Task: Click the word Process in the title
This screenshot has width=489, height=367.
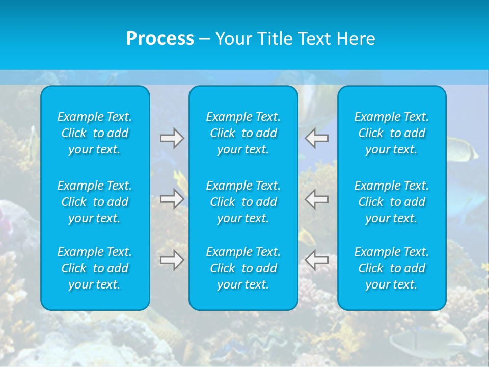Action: pos(160,39)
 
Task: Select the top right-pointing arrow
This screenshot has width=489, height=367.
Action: pos(172,138)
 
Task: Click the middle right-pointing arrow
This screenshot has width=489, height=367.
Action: pos(172,199)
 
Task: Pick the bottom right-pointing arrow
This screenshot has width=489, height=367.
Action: pos(172,259)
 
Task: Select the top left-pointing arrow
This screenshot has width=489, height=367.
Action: pos(317,138)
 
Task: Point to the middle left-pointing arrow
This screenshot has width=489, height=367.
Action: pos(317,199)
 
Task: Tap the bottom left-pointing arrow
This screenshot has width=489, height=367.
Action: pos(317,259)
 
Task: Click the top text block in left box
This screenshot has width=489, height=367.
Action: pos(95,133)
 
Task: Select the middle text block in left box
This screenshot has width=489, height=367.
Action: pos(95,202)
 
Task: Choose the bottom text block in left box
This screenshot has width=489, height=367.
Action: pos(95,268)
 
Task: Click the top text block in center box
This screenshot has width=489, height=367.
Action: pos(243,133)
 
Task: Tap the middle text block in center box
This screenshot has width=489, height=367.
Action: pos(243,202)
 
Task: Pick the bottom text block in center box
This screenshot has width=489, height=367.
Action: pos(243,268)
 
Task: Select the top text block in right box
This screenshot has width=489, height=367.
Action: pos(392,133)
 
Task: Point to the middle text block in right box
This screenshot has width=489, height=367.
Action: pos(392,202)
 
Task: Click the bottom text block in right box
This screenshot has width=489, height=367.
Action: pos(392,268)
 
